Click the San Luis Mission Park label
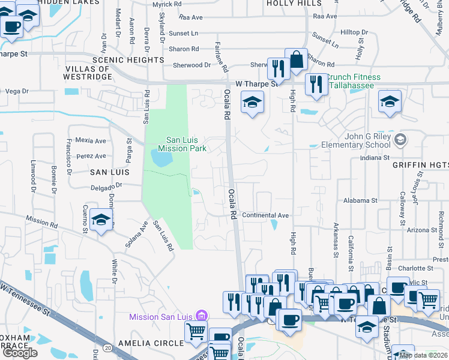coord(182,144)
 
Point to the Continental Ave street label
coord(266,215)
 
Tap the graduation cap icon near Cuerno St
coord(101,220)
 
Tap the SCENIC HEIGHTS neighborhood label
coord(128,60)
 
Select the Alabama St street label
coord(360,200)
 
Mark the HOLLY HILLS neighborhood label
coord(294,3)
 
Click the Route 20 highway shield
coord(107,348)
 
